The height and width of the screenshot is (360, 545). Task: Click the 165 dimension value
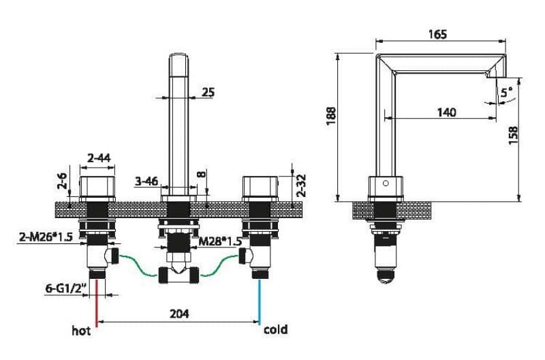point(437,35)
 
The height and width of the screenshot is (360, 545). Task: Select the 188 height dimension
point(331,116)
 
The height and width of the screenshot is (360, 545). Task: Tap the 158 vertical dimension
point(513,135)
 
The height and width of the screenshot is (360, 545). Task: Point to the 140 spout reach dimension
point(446,112)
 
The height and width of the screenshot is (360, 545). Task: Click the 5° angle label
point(507,93)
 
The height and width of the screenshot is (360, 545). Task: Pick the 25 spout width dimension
point(208,92)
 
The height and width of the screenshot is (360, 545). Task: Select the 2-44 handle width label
point(99,158)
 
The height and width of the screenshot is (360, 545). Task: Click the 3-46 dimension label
point(146,181)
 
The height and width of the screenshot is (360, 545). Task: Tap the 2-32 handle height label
point(301,185)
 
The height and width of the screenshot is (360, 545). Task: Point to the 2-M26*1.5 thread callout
point(46,237)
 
